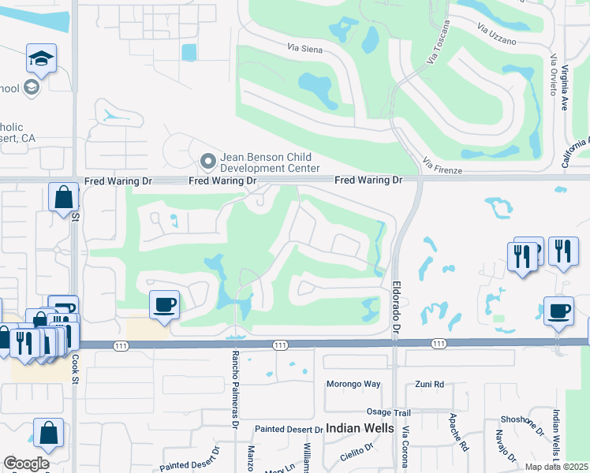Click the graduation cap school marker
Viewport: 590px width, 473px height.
click(41, 58)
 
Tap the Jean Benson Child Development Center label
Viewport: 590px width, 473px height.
click(270, 162)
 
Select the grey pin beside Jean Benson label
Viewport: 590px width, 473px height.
click(208, 162)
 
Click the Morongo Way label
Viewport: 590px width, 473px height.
click(353, 385)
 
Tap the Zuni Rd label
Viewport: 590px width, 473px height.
click(430, 385)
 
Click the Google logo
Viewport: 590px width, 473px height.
click(26, 464)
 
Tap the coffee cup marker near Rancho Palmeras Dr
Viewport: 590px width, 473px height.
click(164, 304)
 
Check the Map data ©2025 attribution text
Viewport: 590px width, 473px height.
click(555, 467)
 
